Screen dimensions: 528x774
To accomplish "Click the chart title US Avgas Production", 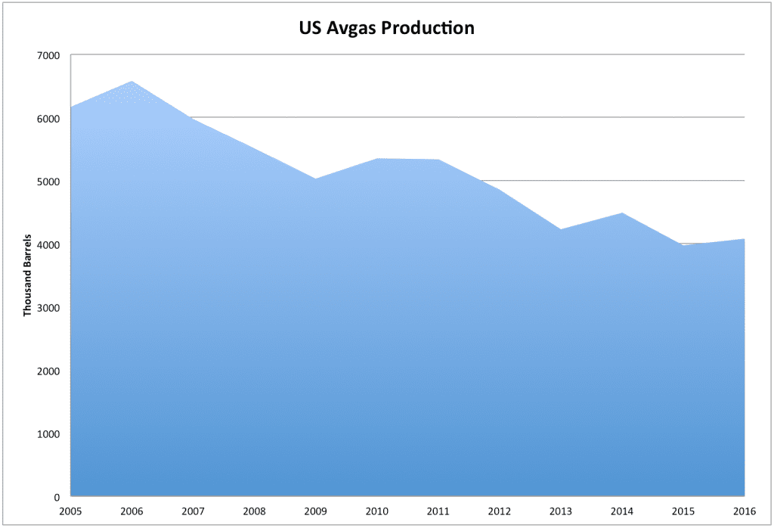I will tap(385, 29).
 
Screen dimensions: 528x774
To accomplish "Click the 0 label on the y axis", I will tap(57, 498).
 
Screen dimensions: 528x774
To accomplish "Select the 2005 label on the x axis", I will tap(70, 511).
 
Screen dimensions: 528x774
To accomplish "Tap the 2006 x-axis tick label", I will tap(132, 511).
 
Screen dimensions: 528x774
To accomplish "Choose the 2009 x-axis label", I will tap(315, 511).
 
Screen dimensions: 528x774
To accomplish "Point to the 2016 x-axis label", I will tap(745, 511).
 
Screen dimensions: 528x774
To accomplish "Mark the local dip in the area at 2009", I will tap(315, 179).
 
